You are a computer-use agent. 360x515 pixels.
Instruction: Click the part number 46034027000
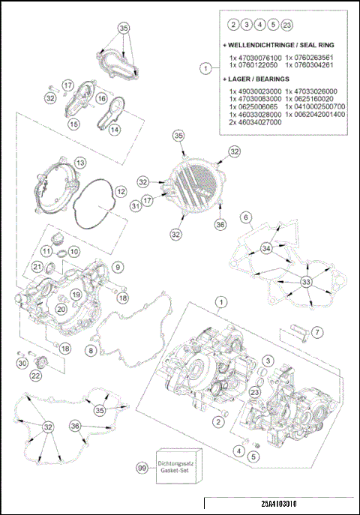(x=250, y=122)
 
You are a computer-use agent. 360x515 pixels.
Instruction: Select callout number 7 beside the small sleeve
(x=316, y=331)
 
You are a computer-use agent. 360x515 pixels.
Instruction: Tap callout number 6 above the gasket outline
(x=244, y=218)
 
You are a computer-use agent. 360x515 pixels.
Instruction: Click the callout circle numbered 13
(x=79, y=163)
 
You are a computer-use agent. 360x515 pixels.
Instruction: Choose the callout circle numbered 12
(x=120, y=192)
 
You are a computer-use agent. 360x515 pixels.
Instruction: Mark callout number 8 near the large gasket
(x=91, y=350)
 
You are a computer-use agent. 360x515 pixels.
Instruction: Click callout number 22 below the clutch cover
(x=35, y=376)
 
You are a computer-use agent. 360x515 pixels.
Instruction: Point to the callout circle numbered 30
(x=22, y=364)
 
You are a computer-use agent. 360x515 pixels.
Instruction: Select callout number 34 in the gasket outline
(x=266, y=248)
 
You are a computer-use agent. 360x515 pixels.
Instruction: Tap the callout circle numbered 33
(x=306, y=281)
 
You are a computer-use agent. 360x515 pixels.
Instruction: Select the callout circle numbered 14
(x=115, y=129)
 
